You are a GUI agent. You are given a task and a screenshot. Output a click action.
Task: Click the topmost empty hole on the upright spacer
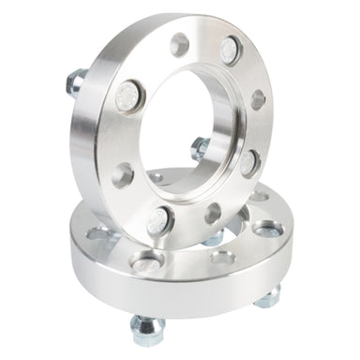(x=179, y=44)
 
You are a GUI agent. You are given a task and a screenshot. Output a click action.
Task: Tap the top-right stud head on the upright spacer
(x=230, y=50)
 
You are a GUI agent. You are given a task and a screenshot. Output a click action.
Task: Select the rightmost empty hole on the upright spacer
(x=257, y=99)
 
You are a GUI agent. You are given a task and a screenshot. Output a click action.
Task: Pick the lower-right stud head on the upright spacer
(x=248, y=162)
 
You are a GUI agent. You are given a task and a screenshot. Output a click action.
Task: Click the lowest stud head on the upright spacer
(x=158, y=221)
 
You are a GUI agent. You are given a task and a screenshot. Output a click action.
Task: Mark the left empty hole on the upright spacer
(x=123, y=175)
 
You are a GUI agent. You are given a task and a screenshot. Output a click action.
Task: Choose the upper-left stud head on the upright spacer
(x=128, y=96)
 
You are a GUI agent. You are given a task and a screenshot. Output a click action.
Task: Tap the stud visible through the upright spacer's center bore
(x=200, y=148)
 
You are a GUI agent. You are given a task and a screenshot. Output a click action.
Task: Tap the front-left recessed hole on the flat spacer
(x=148, y=261)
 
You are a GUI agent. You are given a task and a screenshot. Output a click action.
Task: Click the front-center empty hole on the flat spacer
(x=222, y=258)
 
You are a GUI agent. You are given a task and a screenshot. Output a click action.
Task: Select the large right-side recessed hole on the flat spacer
(x=267, y=228)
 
